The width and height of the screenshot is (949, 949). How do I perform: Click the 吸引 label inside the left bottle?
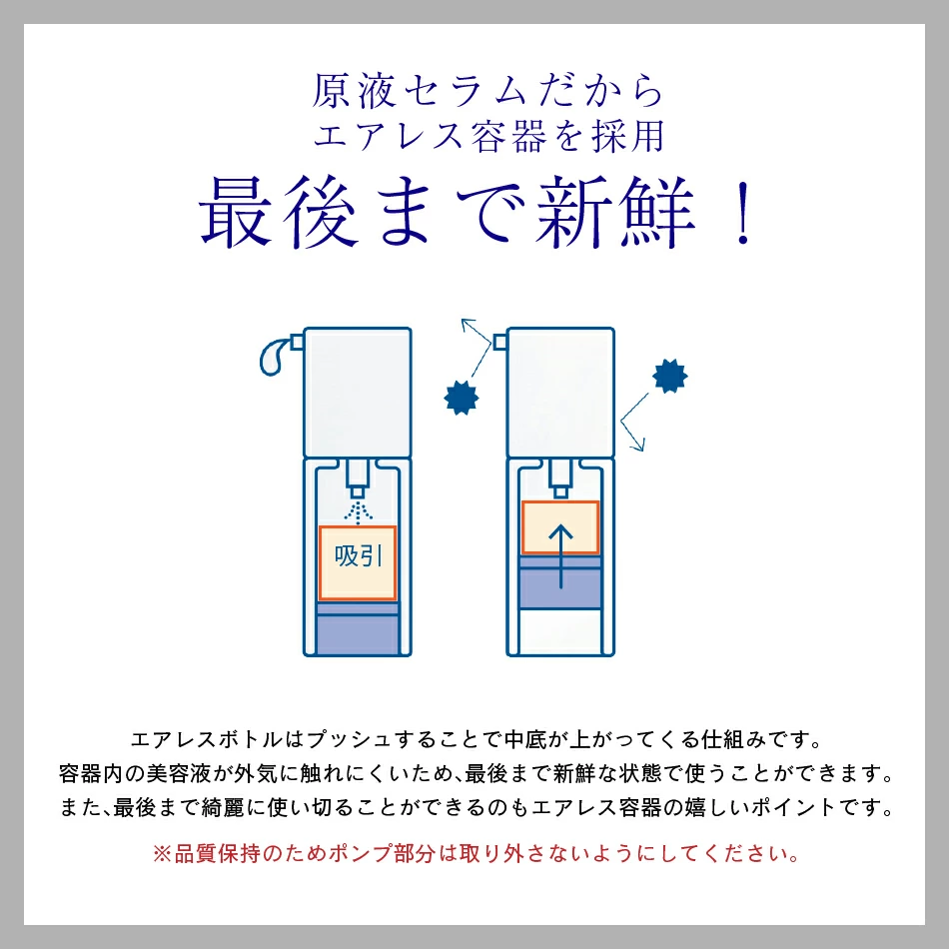[x=358, y=556]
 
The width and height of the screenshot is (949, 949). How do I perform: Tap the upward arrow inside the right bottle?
[x=560, y=554]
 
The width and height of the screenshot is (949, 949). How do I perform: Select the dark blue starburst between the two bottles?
[x=461, y=396]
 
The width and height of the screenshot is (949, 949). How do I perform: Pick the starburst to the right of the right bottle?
[x=670, y=376]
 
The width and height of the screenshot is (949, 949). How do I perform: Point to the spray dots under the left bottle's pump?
[x=358, y=510]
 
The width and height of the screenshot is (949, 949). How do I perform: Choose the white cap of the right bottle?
[x=560, y=390]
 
